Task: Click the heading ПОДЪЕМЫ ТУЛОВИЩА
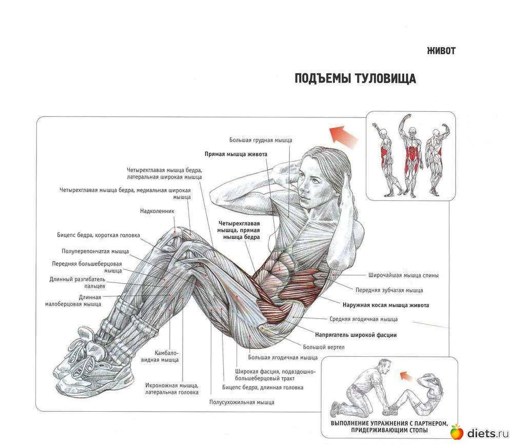(x=356, y=78)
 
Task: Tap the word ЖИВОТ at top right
(x=441, y=51)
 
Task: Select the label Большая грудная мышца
(x=261, y=140)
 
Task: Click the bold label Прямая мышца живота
(x=236, y=154)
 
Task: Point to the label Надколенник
(x=157, y=211)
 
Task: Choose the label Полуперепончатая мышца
(x=95, y=251)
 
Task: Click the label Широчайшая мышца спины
(x=403, y=275)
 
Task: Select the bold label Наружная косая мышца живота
(x=386, y=305)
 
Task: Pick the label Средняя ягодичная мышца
(x=364, y=319)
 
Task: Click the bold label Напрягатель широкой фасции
(x=356, y=335)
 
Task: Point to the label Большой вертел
(x=324, y=347)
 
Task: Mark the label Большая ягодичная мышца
(x=283, y=357)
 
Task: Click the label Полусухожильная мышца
(x=242, y=402)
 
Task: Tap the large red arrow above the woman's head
(x=343, y=135)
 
